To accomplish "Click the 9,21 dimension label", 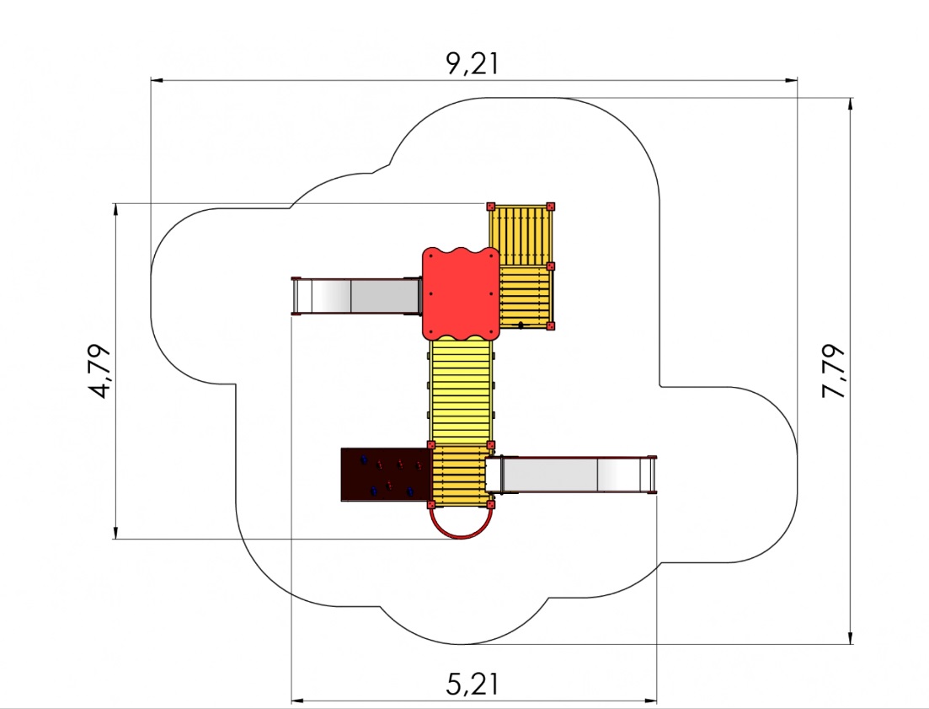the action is click(473, 63).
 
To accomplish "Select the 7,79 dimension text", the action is click(834, 371).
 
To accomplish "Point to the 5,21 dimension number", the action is click(473, 684).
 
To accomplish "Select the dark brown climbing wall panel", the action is click(385, 475).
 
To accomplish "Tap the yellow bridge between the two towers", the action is click(461, 391).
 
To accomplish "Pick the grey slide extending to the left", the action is click(356, 296).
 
